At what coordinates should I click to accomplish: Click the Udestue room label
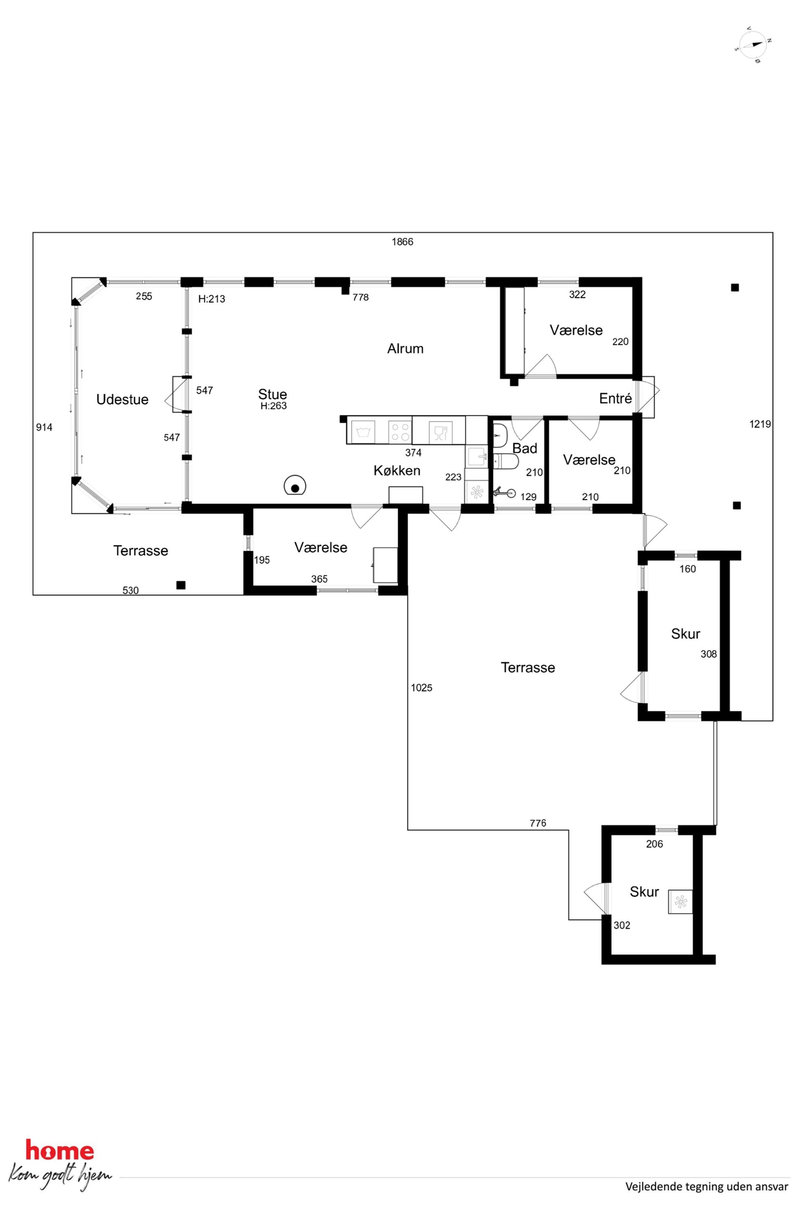point(122,399)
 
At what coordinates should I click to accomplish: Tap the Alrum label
point(405,349)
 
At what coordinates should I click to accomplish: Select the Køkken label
point(397,470)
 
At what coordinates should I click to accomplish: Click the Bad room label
point(525,448)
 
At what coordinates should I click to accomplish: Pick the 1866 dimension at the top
point(403,242)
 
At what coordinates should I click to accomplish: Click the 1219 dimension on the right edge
point(760,424)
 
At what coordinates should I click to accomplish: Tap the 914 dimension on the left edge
point(44,427)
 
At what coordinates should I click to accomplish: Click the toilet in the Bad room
point(505,461)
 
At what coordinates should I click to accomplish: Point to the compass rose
point(752,45)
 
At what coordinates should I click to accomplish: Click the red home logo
point(60,1151)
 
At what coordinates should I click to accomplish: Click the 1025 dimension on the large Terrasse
point(422,688)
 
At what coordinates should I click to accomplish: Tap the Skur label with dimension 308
point(686,634)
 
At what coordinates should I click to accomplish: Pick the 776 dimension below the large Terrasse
point(538,823)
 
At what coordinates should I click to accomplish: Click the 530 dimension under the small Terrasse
point(130,591)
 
